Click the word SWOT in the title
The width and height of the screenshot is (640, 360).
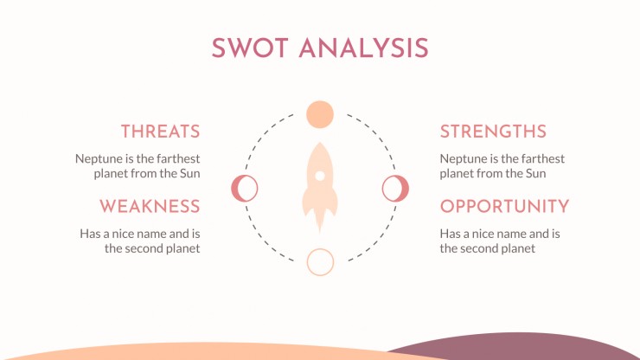coord(250,48)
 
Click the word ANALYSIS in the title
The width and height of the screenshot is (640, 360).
coord(363,48)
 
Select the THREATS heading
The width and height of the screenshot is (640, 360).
coord(160,132)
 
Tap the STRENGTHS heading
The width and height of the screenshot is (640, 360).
coord(493,132)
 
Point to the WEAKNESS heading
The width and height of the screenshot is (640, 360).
coord(150,206)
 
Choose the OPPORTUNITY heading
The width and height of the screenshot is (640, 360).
coord(504,206)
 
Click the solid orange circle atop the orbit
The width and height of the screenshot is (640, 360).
coord(320,114)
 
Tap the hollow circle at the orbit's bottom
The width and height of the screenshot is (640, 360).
coord(320,262)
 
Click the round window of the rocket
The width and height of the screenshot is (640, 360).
coord(320,177)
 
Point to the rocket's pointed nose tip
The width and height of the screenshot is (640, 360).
coord(320,143)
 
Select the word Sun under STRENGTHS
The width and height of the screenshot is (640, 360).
coord(536,173)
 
